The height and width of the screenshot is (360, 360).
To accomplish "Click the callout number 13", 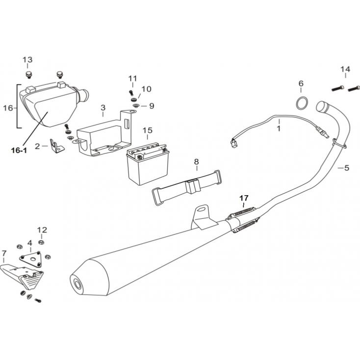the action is click(x=27, y=60).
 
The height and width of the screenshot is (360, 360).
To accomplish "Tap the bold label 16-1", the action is click(x=19, y=151).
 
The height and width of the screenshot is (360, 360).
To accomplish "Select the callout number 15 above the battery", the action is click(x=148, y=130).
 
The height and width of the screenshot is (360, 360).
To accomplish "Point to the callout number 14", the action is click(x=345, y=69).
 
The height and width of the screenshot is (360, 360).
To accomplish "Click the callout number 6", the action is click(x=301, y=83).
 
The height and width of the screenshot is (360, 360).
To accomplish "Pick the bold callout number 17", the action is click(x=244, y=198).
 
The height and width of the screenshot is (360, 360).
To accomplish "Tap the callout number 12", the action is click(x=42, y=230).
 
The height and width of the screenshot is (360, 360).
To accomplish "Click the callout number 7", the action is click(x=4, y=254).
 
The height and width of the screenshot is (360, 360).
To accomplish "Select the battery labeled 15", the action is click(x=148, y=163).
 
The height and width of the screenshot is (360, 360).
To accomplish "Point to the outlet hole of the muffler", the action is click(x=77, y=284).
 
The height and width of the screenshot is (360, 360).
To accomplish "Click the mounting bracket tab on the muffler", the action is click(x=202, y=216).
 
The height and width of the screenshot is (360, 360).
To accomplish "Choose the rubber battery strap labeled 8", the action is click(x=188, y=187).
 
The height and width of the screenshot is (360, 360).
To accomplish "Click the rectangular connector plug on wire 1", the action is click(x=234, y=144).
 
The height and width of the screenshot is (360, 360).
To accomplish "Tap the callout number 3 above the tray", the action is click(x=103, y=108).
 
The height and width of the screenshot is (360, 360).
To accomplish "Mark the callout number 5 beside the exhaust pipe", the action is click(x=346, y=168).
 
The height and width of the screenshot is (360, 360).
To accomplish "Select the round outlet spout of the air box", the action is click(x=84, y=94).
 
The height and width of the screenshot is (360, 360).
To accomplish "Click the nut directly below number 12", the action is click(x=41, y=242).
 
